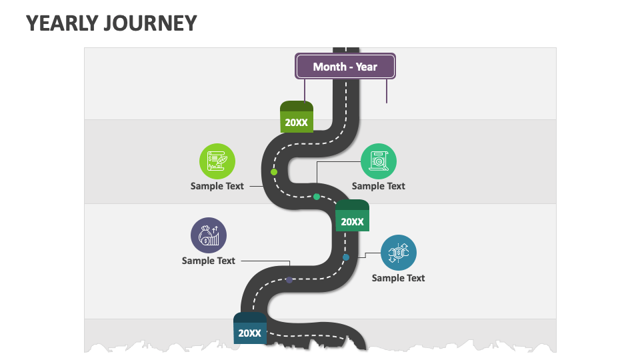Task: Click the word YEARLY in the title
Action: pyautogui.click(x=63, y=23)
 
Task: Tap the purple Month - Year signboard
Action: pyautogui.click(x=345, y=67)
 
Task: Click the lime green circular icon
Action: pyautogui.click(x=217, y=161)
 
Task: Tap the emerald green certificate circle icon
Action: pyautogui.click(x=378, y=161)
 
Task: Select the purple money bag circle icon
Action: pyautogui.click(x=209, y=235)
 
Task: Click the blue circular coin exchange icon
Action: pyautogui.click(x=399, y=253)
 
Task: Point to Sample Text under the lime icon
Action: pyautogui.click(x=217, y=186)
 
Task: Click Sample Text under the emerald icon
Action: pyautogui.click(x=378, y=186)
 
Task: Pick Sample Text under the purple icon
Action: pyautogui.click(x=209, y=261)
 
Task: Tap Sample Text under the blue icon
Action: pyautogui.click(x=398, y=278)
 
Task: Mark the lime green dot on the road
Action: pyautogui.click(x=274, y=172)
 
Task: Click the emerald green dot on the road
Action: pyautogui.click(x=317, y=197)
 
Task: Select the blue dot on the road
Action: pyautogui.click(x=346, y=257)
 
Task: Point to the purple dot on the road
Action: pyautogui.click(x=289, y=280)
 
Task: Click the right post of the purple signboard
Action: pyautogui.click(x=387, y=91)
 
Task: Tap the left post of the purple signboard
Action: pyautogui.click(x=305, y=89)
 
